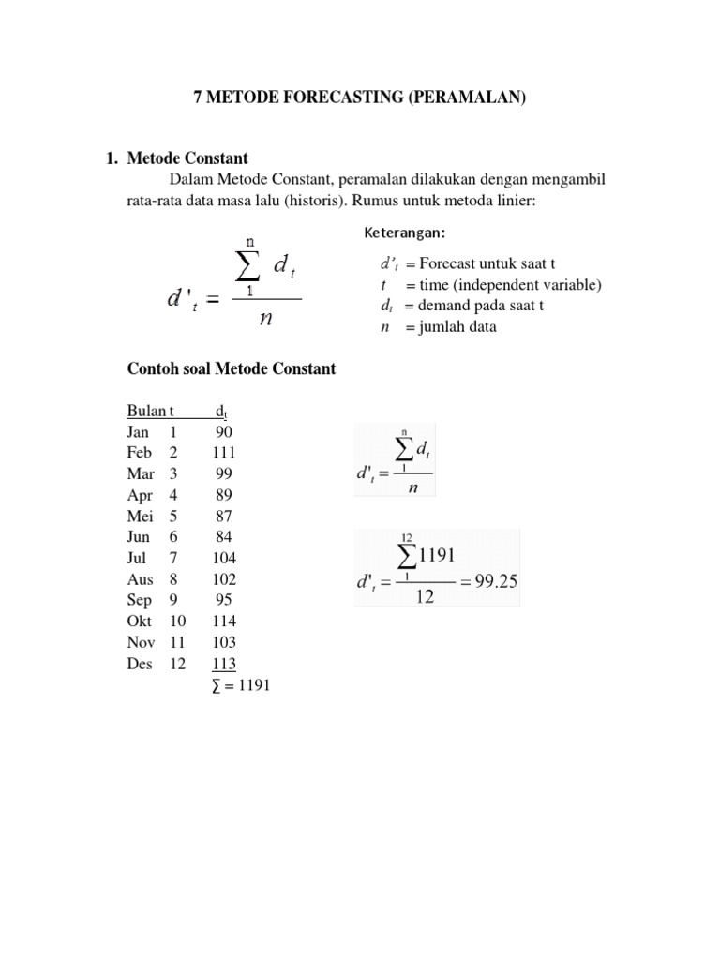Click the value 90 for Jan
point(223,431)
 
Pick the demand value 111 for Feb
point(223,452)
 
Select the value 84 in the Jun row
point(223,537)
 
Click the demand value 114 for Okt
point(223,622)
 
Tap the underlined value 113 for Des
point(223,664)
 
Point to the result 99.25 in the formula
point(495,580)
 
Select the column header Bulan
point(145,411)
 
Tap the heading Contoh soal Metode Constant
point(231,368)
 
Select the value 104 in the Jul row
point(223,558)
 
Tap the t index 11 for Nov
point(177,643)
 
